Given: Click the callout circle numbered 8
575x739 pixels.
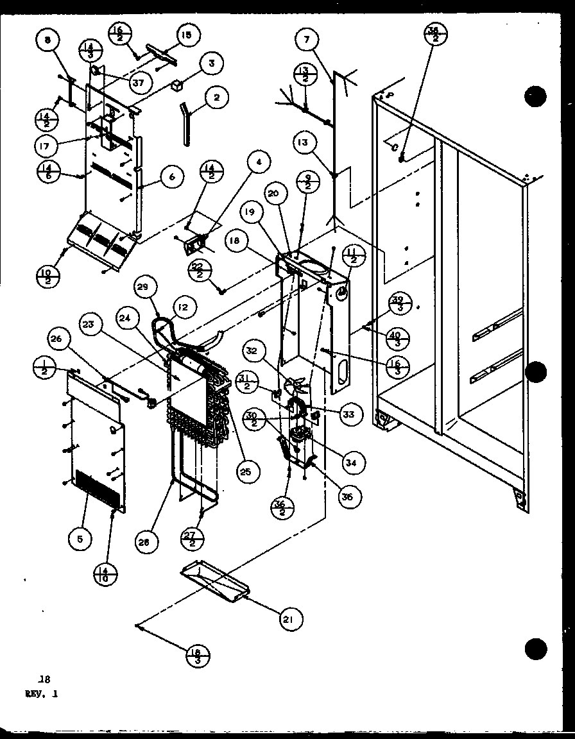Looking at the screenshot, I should (47, 41).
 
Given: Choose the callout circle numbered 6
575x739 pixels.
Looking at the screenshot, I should (172, 177).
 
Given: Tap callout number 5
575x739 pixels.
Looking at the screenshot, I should (80, 539).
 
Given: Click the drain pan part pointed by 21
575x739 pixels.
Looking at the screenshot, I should (212, 582).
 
